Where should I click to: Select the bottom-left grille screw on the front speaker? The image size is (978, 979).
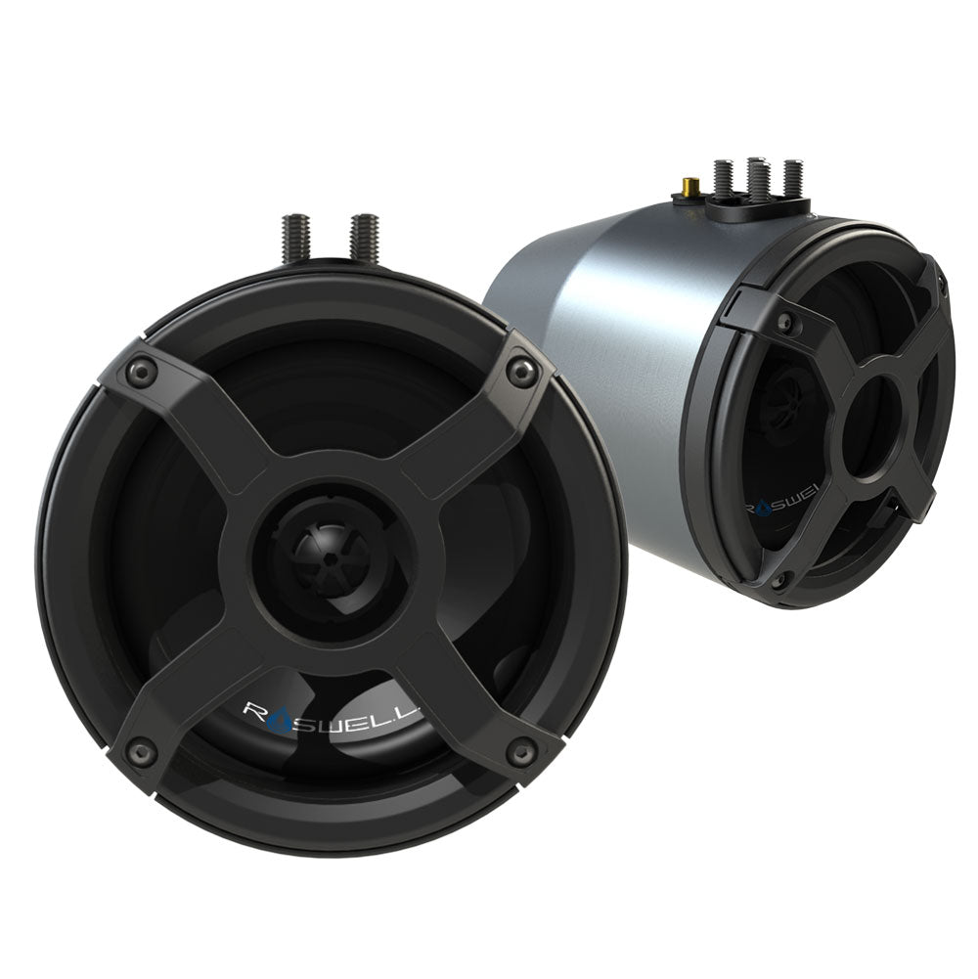(144, 752)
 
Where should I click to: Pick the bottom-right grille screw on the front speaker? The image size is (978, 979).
(521, 750)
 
